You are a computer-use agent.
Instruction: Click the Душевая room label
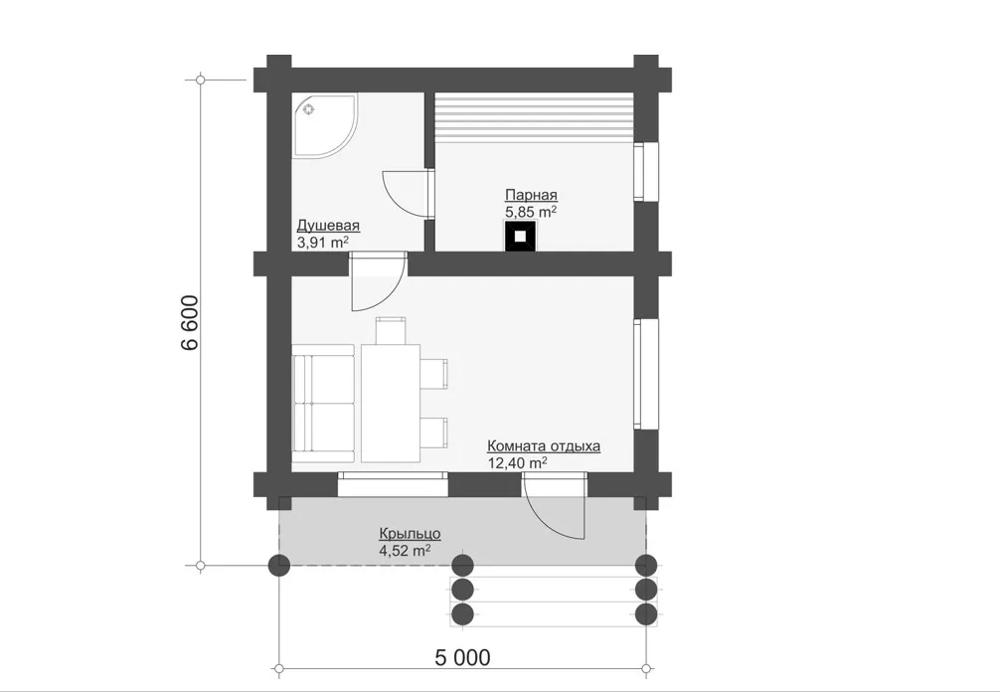(328, 226)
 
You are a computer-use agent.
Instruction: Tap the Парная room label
(531, 195)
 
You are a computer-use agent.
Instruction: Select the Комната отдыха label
(544, 445)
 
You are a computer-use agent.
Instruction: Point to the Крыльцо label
(410, 533)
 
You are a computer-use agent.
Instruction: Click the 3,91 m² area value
(323, 242)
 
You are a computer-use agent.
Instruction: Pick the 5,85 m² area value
(531, 211)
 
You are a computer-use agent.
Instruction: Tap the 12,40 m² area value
(517, 462)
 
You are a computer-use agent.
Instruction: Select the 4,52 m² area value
(405, 550)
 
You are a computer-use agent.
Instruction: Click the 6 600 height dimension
(190, 323)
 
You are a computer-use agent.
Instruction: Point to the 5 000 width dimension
(463, 657)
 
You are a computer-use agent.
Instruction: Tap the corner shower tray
(325, 125)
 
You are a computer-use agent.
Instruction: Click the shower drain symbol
(309, 109)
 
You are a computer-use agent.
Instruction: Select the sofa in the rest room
(323, 404)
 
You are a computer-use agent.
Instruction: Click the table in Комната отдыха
(391, 403)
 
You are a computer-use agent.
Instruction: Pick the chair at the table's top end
(391, 330)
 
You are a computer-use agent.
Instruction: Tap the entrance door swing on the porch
(554, 507)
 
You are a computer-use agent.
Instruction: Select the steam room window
(646, 172)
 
